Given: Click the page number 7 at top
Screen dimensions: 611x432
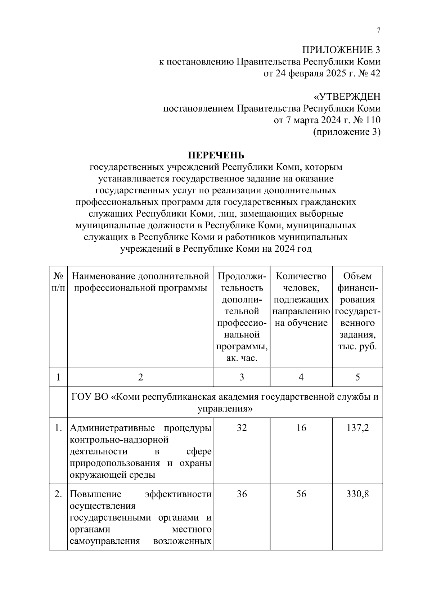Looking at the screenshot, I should (x=378, y=31).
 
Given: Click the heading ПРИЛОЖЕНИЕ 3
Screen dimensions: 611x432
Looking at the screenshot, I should (x=341, y=50).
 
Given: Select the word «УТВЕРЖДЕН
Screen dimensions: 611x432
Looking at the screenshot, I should (x=347, y=97).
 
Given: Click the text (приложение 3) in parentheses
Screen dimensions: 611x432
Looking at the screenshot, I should (x=347, y=132).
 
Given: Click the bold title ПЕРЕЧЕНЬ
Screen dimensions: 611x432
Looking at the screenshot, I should (x=216, y=155).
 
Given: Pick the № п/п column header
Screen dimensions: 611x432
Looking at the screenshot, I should (x=58, y=282).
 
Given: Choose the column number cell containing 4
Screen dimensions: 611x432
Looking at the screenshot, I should (x=301, y=377).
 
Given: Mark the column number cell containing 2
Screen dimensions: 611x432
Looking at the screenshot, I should (x=140, y=377).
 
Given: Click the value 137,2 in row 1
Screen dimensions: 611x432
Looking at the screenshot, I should (x=357, y=428).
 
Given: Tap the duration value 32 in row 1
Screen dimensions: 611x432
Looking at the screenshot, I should (x=242, y=428).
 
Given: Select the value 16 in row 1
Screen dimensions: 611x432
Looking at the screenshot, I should (x=301, y=428).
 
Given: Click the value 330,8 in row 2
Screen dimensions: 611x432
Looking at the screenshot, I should (x=357, y=494).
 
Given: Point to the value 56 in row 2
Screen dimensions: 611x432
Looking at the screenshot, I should (x=301, y=494).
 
